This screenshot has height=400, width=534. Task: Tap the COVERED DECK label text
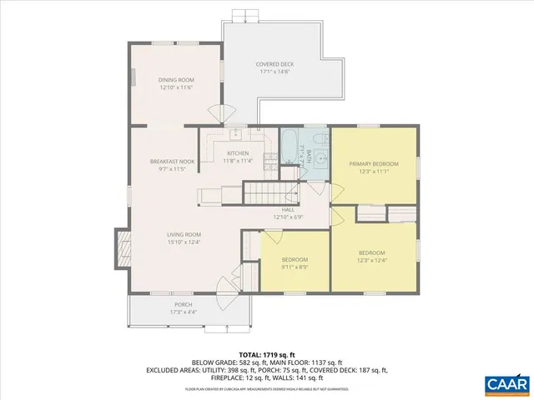coord(275,65)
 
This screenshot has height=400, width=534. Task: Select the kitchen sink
coord(235,133)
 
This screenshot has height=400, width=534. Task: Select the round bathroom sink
coord(318,163)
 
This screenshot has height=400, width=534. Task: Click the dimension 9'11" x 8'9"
coord(295,267)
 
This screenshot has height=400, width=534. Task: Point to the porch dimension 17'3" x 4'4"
coord(184,312)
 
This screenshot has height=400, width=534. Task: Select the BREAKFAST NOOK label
coord(173,161)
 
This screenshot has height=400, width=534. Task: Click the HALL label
coord(288,210)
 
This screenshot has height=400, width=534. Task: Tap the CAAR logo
coord(506,384)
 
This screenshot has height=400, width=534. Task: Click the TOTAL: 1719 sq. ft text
coord(267,354)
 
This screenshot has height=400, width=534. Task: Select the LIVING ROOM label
coord(184,235)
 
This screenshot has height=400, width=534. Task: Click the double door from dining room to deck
coord(219,113)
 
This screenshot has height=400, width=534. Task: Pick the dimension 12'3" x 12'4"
coord(372,260)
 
